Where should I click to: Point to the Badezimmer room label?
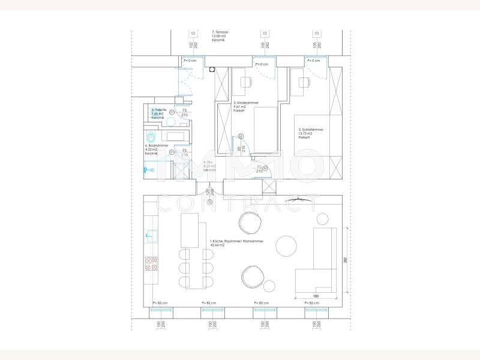[x=155, y=149]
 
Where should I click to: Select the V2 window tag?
[x=193, y=33]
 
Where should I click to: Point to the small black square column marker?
[x=211, y=69]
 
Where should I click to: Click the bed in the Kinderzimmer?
[x=264, y=129]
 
